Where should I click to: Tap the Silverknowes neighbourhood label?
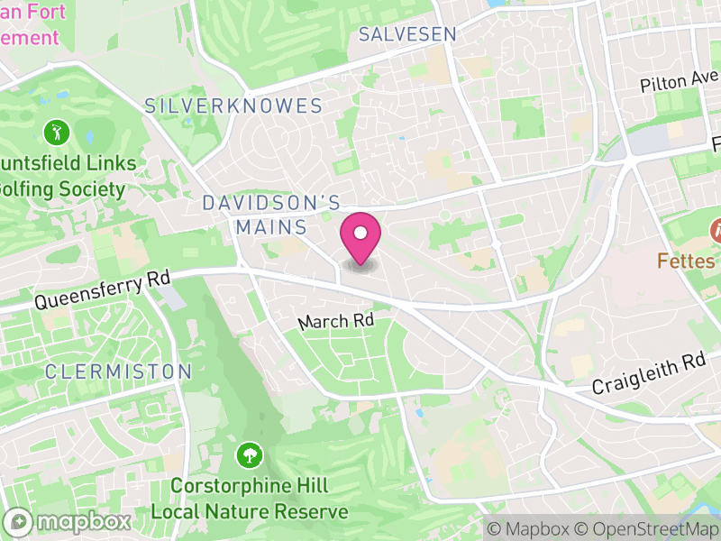(x=233, y=106)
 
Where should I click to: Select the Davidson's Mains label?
(x=271, y=215)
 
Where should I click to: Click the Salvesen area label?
(x=406, y=35)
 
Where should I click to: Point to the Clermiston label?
(x=118, y=371)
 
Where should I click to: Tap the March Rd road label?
(x=335, y=321)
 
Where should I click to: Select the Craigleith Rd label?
(x=648, y=374)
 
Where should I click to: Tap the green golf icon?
(x=56, y=133)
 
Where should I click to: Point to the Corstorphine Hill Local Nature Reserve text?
(x=250, y=499)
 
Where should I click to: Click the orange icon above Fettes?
(x=719, y=229)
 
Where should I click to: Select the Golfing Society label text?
(x=62, y=189)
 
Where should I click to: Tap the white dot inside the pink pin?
(x=360, y=234)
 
